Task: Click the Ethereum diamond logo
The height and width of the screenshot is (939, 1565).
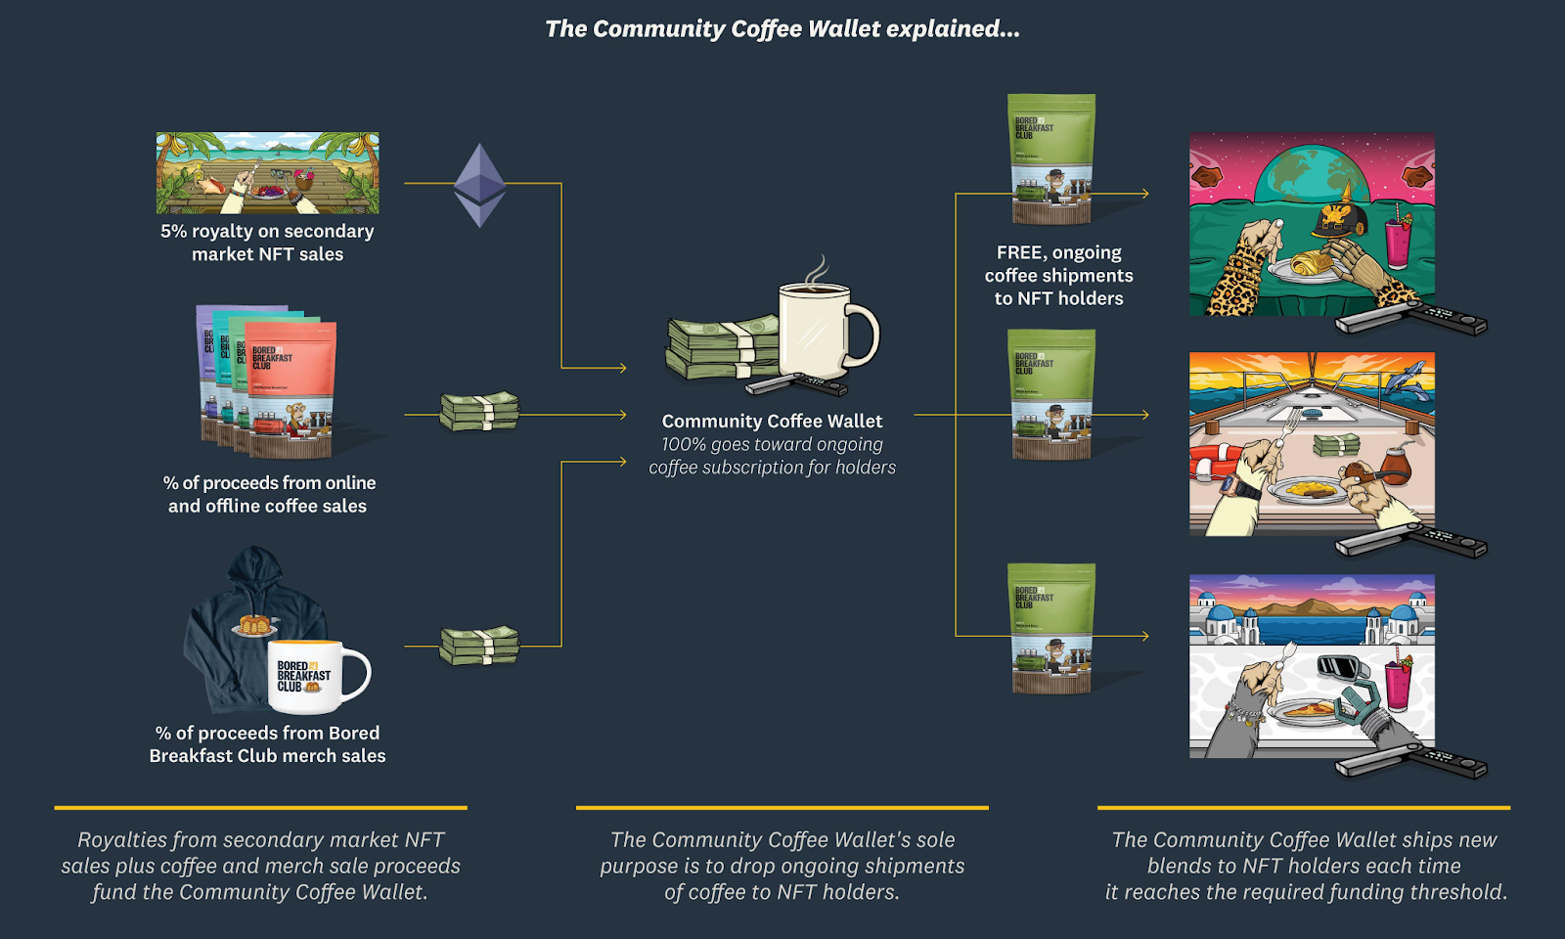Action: point(479,185)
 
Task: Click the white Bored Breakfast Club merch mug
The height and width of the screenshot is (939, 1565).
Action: point(315,676)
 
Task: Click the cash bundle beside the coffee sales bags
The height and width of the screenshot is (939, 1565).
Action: point(478,412)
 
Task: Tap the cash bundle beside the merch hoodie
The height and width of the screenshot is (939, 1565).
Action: point(478,646)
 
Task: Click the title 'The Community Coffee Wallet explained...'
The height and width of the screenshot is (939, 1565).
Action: point(782,29)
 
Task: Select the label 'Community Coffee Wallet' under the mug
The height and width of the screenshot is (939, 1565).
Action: point(772,422)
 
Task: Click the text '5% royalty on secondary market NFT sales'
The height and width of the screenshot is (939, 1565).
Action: point(267,243)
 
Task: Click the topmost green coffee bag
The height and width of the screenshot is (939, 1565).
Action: point(1051,158)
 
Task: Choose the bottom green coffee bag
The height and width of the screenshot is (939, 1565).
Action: point(1051,628)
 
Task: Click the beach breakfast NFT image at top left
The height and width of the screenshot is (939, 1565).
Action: point(267,173)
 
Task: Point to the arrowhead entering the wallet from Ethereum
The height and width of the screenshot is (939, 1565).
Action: point(621,368)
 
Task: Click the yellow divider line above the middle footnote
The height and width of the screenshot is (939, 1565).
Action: point(782,808)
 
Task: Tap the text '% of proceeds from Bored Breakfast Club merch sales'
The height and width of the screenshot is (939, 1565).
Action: point(267,744)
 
